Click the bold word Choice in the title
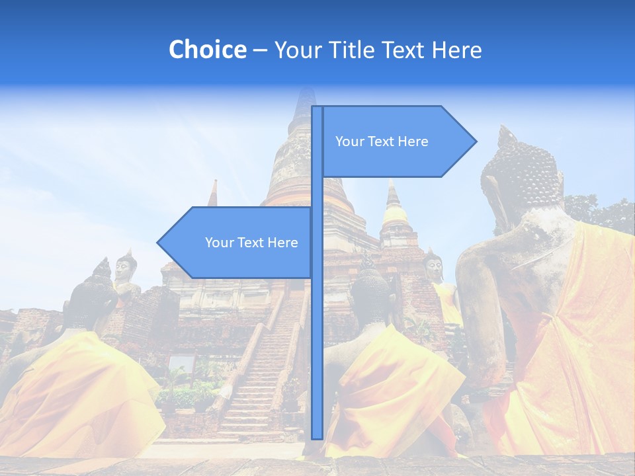tap(207, 50)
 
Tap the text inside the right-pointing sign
tap(382, 141)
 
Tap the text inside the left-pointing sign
tap(251, 243)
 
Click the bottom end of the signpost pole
tap(317, 436)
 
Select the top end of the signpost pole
tap(317, 108)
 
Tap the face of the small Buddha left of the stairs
tap(124, 267)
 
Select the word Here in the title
tap(456, 50)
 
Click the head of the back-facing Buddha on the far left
tap(99, 291)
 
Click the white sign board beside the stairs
tap(183, 364)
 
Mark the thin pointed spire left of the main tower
tap(212, 194)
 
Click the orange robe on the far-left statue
tap(86, 390)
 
